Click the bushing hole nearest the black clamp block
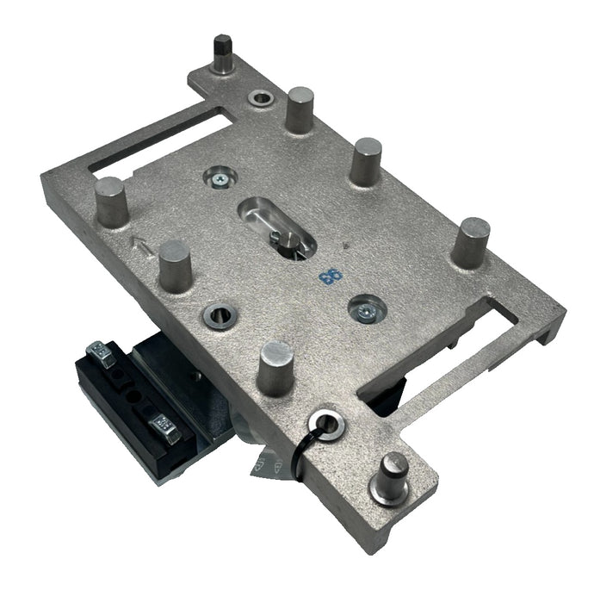point(217,316)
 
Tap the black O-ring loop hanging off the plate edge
point(303,448)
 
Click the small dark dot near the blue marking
point(344,246)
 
